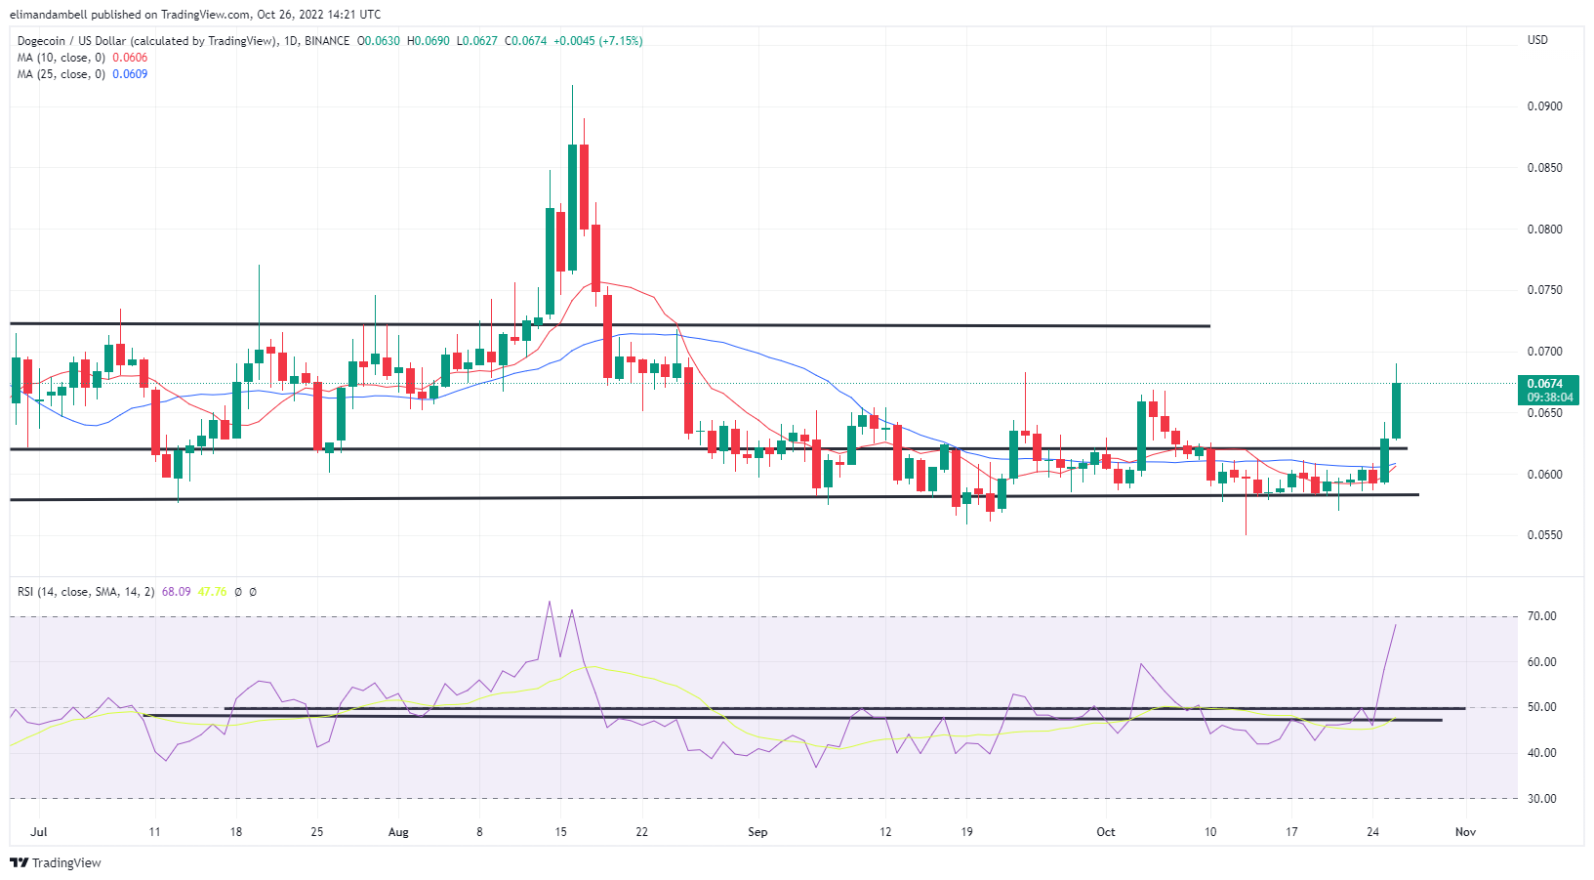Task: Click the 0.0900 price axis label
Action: (x=1544, y=106)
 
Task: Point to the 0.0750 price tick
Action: (x=1544, y=290)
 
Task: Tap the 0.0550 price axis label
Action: (x=1544, y=535)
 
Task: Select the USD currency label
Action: (x=1537, y=40)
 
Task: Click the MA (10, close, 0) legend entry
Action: (x=61, y=58)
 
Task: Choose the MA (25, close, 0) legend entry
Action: (x=61, y=74)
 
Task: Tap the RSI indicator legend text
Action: (x=86, y=592)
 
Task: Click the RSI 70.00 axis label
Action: (x=1542, y=616)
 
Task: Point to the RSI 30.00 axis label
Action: (x=1542, y=799)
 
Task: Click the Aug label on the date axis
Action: (x=398, y=832)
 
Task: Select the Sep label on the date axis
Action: (x=757, y=832)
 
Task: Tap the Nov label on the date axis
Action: (x=1465, y=832)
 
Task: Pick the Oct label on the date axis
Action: (x=1105, y=832)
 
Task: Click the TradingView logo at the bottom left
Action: (x=56, y=863)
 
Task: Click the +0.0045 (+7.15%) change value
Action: (x=597, y=41)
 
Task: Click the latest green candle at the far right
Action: (x=1397, y=410)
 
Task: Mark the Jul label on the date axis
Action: (x=39, y=832)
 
